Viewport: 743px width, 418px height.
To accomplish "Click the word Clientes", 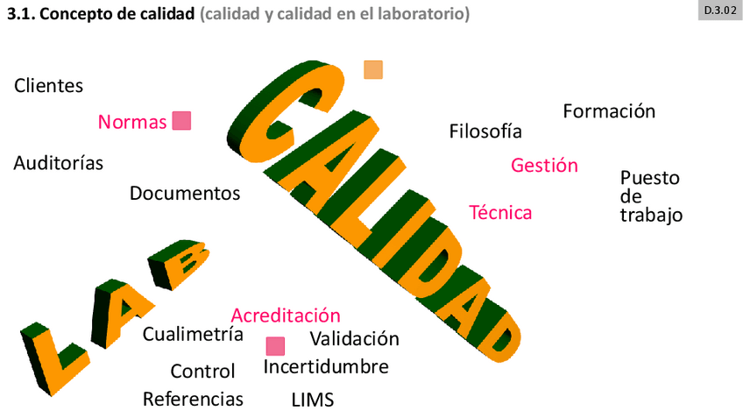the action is pyautogui.click(x=49, y=86).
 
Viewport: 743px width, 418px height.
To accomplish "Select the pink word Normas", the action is pyautogui.click(x=132, y=122).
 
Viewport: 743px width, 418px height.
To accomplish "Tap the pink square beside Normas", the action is pyautogui.click(x=181, y=121).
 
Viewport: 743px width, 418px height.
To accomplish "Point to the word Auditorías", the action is pyautogui.click(x=58, y=163).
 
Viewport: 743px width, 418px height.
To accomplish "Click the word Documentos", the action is pyautogui.click(x=185, y=193).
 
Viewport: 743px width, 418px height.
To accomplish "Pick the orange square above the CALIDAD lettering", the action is pyautogui.click(x=373, y=70).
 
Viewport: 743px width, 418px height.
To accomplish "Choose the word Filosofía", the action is pyautogui.click(x=485, y=131).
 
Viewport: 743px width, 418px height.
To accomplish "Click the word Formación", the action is pyautogui.click(x=609, y=111).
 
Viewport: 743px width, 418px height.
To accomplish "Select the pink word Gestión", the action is pyautogui.click(x=544, y=165).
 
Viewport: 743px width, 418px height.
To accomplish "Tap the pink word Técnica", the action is pyautogui.click(x=500, y=212).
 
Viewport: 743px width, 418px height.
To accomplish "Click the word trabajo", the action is pyautogui.click(x=651, y=216).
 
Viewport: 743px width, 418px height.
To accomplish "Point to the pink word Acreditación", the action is pyautogui.click(x=286, y=315).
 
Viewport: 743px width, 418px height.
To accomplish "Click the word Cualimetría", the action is pyautogui.click(x=193, y=334).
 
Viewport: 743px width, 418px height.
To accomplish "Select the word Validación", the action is pyautogui.click(x=355, y=339).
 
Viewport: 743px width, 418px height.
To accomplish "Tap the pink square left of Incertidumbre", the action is pyautogui.click(x=275, y=346).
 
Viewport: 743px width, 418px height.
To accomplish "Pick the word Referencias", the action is pyautogui.click(x=193, y=400).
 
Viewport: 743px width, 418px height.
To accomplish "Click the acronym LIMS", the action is pyautogui.click(x=313, y=400).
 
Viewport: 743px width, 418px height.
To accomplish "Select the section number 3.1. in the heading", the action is pyautogui.click(x=22, y=14).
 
